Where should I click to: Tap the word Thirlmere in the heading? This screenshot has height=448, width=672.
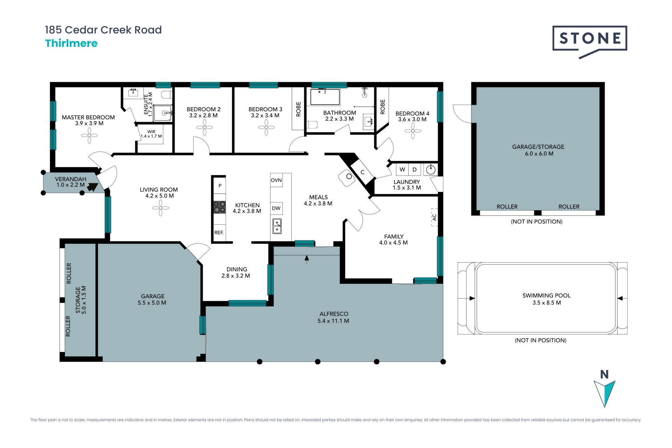[x=71, y=43]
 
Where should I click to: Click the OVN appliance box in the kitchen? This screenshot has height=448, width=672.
[x=276, y=180]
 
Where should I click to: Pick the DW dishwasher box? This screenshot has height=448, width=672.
[x=276, y=208]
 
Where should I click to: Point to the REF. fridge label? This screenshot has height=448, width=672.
[x=219, y=232]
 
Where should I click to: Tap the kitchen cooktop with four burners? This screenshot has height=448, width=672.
[x=219, y=207]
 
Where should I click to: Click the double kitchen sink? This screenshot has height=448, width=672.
[x=277, y=226]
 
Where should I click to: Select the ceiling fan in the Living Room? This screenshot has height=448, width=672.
[x=161, y=208]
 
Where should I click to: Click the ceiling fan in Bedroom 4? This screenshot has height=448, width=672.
[x=413, y=131]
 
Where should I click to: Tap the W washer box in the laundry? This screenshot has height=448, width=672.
[x=402, y=170]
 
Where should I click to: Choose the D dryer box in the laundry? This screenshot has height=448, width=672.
[x=415, y=170]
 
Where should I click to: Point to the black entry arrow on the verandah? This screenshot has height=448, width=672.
[x=92, y=187]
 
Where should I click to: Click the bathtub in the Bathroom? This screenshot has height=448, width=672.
[x=325, y=97]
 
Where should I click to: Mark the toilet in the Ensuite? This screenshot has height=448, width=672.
[x=167, y=94]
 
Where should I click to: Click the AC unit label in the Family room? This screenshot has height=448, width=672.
[x=434, y=217]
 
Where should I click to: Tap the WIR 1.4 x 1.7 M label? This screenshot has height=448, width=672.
[x=151, y=134]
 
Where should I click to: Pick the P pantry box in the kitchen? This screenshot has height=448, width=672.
[x=220, y=185]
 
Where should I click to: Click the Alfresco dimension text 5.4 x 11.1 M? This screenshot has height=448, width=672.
[x=333, y=321]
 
